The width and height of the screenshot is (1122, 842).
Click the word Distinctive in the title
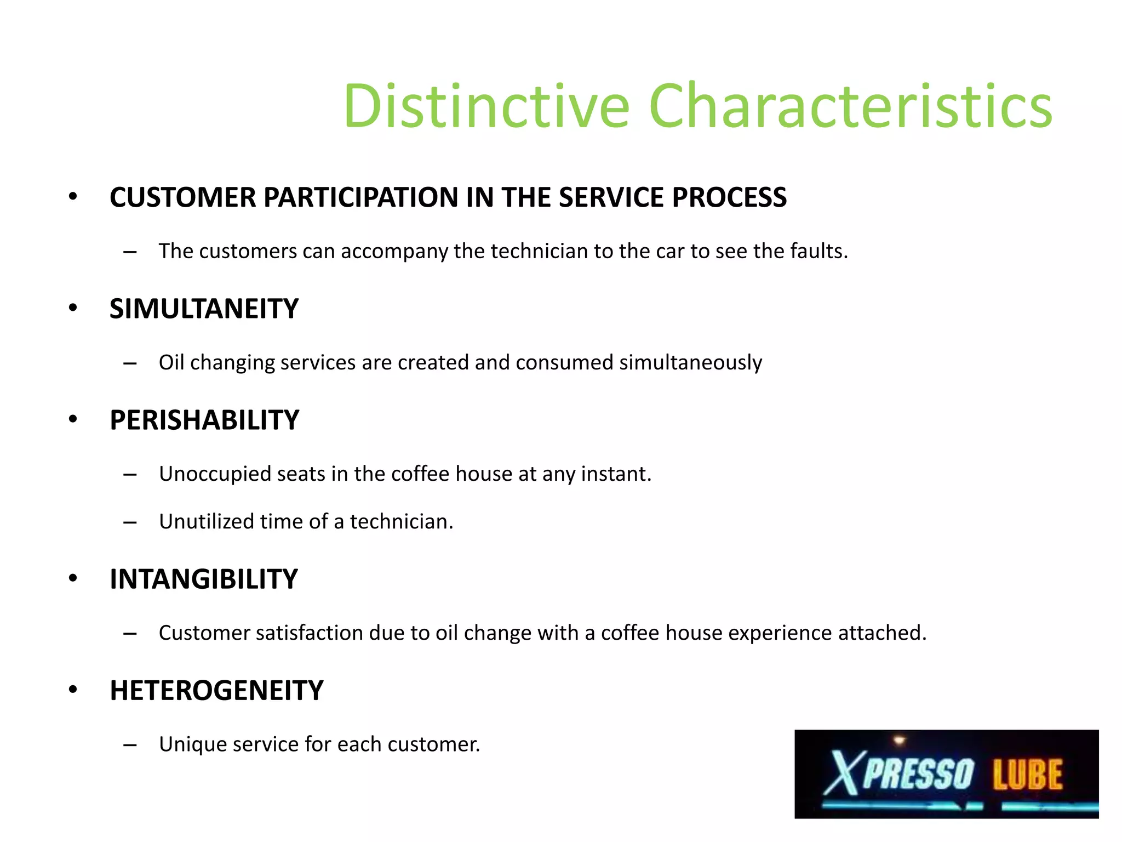486,105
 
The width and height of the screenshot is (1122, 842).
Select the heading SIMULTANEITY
204,309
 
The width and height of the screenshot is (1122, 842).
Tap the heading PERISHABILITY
204,420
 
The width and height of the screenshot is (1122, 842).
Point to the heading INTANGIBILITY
203,579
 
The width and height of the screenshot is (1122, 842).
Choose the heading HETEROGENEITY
216,691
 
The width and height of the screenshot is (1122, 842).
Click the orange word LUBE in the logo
1027,774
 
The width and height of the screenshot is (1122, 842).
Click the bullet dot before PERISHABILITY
73,420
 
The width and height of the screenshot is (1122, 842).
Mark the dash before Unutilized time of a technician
130,522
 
